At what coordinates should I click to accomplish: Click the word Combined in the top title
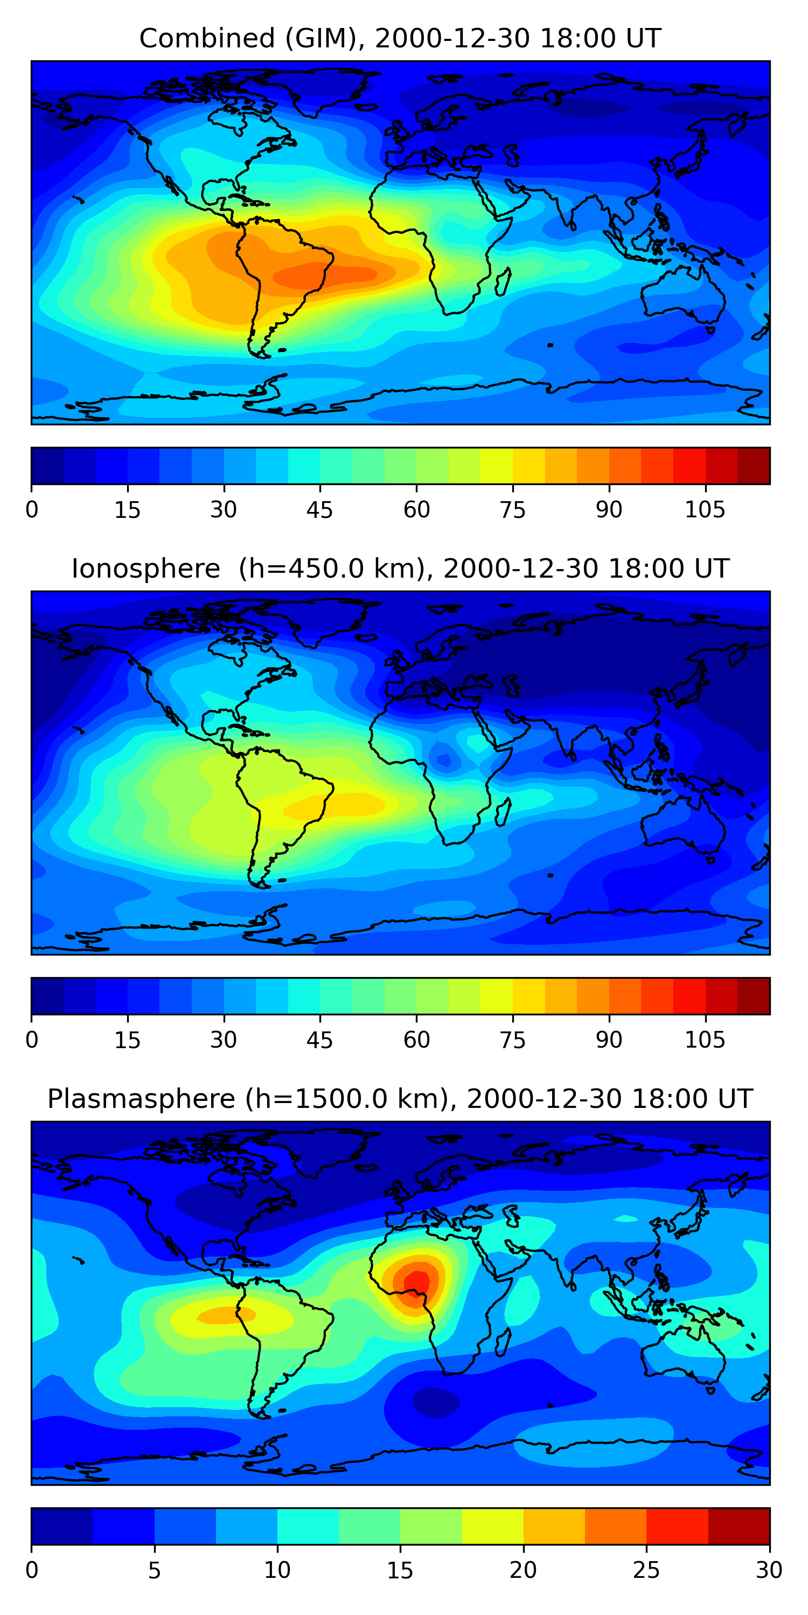pos(207,38)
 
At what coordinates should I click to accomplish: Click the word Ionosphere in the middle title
pos(145,568)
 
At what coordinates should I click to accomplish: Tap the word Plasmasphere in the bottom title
pos(141,1099)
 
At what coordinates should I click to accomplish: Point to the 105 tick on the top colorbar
pos(705,510)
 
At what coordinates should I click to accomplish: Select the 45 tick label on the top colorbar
pos(319,510)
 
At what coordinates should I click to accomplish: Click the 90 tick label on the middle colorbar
pos(609,1040)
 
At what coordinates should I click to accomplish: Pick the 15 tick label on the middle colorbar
pos(127,1040)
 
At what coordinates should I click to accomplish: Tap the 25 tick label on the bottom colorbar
pos(646,1570)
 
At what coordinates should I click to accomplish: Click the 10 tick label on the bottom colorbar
pos(277,1570)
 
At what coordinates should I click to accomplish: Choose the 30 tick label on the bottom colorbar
pos(769,1570)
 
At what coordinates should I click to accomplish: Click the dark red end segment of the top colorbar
pos(754,466)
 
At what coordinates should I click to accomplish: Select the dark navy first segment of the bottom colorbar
pos(61,1527)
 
